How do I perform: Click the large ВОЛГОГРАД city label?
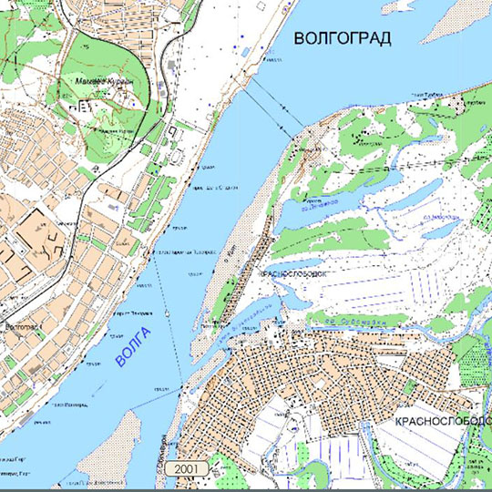[343, 37]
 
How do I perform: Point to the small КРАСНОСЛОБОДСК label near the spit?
[294, 272]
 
